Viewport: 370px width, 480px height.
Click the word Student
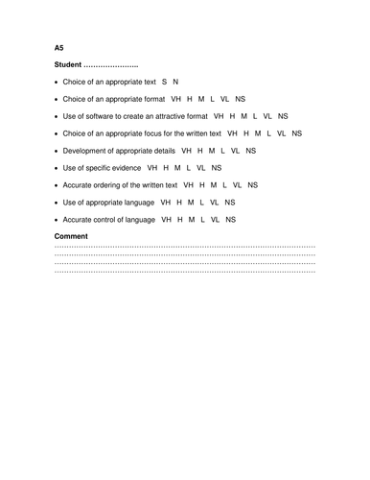(70, 64)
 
